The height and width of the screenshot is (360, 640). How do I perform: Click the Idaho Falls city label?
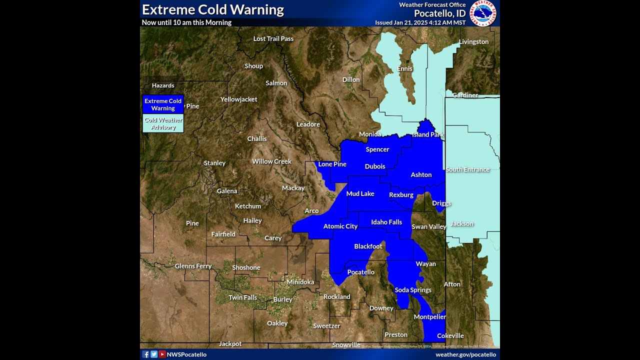386,222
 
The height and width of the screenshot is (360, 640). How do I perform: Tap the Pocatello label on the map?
360,272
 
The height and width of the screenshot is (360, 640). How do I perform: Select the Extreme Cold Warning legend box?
163,104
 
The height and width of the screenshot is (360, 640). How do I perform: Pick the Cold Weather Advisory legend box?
163,123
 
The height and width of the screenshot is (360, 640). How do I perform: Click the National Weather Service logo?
483,13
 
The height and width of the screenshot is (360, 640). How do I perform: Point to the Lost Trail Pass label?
273,38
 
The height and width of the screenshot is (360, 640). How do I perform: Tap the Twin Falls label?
242,297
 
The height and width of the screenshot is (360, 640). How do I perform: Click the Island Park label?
427,134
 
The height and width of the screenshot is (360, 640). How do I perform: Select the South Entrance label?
467,169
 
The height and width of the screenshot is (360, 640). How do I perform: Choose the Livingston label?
473,41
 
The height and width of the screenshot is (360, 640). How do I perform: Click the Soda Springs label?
413,290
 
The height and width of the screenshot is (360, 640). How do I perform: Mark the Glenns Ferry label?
193,266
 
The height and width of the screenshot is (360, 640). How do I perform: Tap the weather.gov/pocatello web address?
465,354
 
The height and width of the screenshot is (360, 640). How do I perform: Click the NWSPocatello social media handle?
186,354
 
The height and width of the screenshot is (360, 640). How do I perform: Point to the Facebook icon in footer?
146,354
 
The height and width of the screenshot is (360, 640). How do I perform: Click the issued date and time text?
420,22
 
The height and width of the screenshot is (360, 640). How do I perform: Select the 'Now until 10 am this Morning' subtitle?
186,22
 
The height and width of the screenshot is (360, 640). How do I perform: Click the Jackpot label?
230,343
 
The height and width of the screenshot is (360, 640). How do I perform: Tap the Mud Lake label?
360,193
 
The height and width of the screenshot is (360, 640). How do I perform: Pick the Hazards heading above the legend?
163,85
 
